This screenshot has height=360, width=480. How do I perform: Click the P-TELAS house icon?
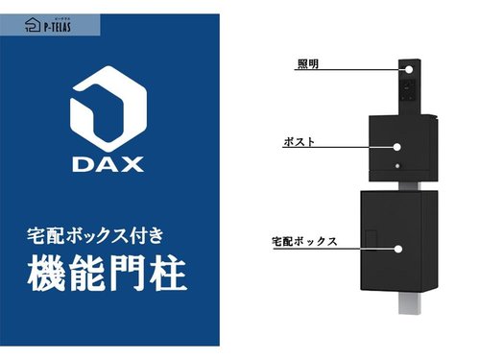pos(33,24)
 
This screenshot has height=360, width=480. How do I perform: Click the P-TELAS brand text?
pos(57,27)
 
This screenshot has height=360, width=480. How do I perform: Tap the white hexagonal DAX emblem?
pos(108,108)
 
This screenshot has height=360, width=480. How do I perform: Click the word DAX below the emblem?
pos(108,164)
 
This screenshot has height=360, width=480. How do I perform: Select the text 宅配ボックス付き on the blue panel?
pos(95,236)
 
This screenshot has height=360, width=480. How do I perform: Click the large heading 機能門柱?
pos(107,274)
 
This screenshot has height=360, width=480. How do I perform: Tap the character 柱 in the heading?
pos(169,274)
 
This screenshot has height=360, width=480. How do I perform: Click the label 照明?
pos(308,63)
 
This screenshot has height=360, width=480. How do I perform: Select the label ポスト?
pos(299,141)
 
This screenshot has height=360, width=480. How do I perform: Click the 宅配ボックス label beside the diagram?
pos(304,241)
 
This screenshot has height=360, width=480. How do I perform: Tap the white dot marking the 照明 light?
pos(409,69)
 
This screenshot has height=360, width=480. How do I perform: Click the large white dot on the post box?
pos(396,147)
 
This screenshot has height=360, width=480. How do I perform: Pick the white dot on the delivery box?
pos(398,249)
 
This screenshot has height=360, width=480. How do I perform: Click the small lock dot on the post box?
pos(397,166)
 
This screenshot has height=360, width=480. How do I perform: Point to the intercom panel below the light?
pos(409,89)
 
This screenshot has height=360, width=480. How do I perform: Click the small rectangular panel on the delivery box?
pos(372,238)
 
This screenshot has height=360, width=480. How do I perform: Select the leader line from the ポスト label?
pos(338,147)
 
